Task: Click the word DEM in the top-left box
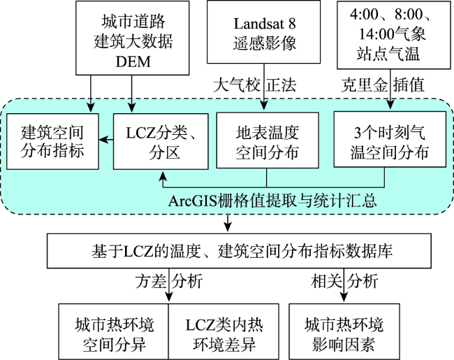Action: (133, 62)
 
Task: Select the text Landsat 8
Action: (265, 24)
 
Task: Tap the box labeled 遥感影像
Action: (263, 32)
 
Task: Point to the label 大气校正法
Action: (255, 85)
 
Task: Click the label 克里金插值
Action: (383, 85)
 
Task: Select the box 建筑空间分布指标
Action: (52, 141)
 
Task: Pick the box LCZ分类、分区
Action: (161, 141)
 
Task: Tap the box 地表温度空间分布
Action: (268, 141)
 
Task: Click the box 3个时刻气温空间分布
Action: (390, 139)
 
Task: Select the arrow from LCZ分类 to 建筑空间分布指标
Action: (106, 140)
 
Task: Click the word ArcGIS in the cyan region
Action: (192, 201)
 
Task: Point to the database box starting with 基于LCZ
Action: (239, 251)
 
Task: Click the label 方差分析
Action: (169, 281)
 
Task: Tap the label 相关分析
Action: (344, 281)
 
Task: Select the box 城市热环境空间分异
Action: (114, 331)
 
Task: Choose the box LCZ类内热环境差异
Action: (224, 331)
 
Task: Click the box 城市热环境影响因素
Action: (344, 331)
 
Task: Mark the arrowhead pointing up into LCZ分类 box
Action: (163, 175)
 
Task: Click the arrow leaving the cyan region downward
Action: (228, 223)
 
